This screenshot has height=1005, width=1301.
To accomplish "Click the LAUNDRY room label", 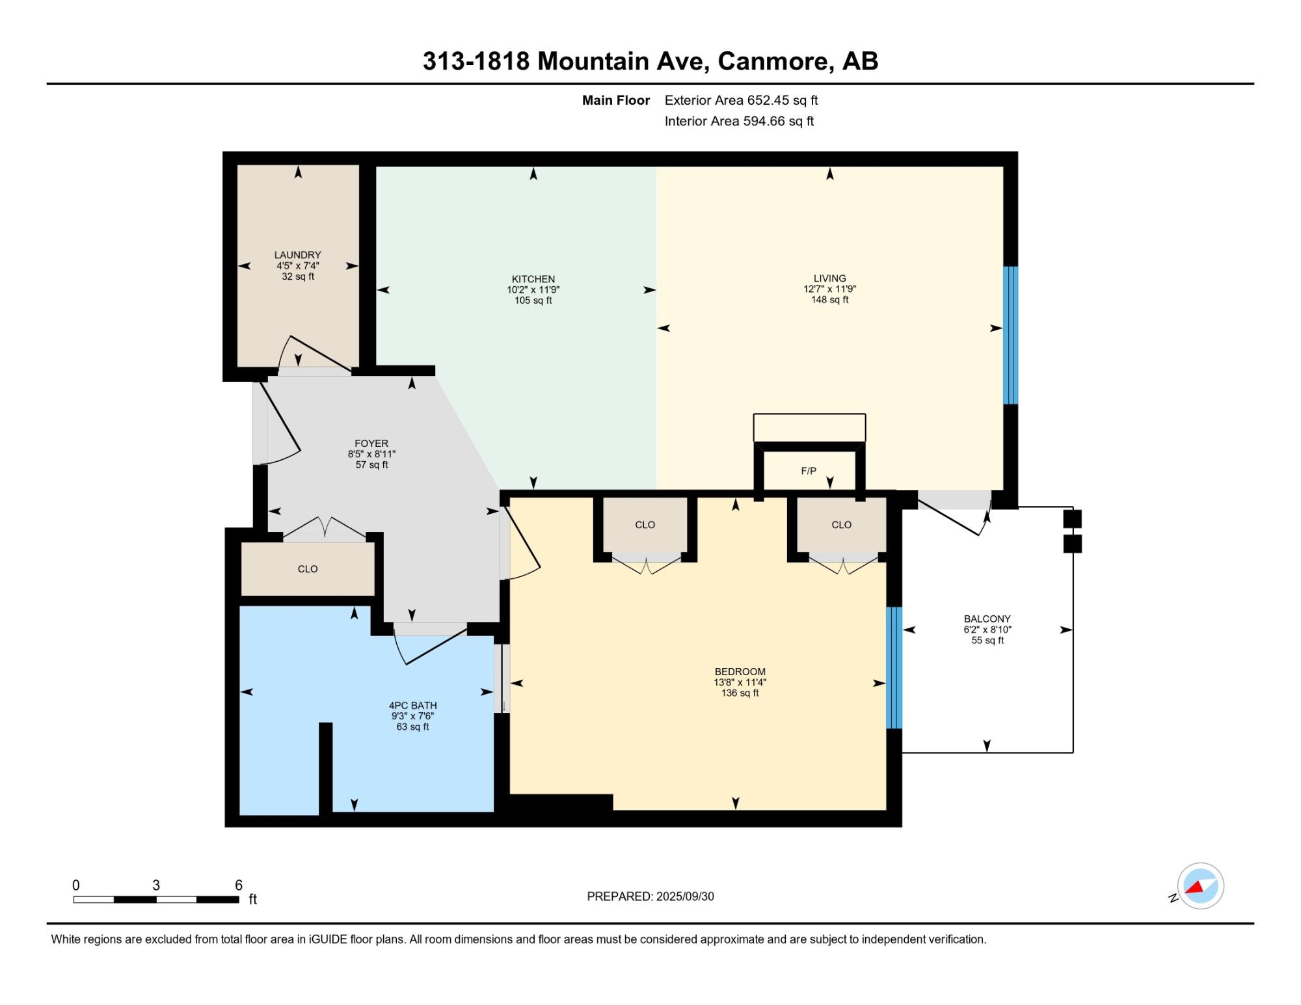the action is [x=297, y=255].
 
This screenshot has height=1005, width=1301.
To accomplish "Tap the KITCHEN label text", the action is [x=533, y=279].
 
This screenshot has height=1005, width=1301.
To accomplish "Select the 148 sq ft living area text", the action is [x=829, y=300].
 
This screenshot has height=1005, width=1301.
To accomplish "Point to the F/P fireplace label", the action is [x=809, y=471].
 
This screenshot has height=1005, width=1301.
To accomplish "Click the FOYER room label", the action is [x=371, y=444].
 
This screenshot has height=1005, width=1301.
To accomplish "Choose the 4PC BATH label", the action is [x=413, y=706].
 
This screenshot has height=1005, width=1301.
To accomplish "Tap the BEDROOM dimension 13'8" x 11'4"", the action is [x=740, y=682].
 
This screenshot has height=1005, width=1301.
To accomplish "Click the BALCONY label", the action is [x=987, y=619].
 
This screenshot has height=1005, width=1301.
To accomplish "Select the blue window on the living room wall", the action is [x=1010, y=335].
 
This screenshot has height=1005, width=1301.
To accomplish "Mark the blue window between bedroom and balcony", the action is [x=894, y=667].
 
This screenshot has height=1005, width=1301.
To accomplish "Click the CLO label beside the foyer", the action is [x=308, y=569].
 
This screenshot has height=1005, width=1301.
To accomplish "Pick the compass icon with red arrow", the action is [x=1200, y=886].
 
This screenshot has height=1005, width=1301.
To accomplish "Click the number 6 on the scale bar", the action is [x=239, y=885].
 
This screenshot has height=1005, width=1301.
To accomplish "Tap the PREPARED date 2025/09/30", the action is [x=685, y=896].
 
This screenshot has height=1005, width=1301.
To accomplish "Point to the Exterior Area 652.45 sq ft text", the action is [x=741, y=100].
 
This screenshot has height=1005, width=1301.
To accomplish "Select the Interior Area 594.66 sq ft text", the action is [x=739, y=121].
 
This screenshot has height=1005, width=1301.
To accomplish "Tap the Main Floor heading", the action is [x=616, y=100].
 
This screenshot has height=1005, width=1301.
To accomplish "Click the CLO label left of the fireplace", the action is [x=645, y=525].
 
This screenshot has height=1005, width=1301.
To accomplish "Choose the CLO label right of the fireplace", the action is [x=842, y=525].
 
